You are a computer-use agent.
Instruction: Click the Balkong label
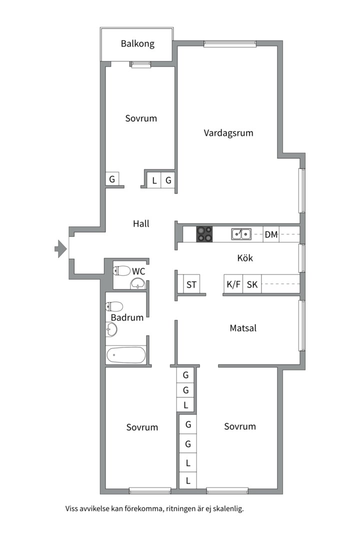tap(137, 43)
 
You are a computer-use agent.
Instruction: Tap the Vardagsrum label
tap(228, 133)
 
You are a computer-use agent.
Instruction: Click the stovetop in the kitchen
tap(204, 234)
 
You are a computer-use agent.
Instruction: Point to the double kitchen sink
tap(241, 233)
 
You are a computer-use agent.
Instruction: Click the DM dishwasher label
tap(271, 234)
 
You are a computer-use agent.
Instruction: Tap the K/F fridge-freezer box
tap(233, 285)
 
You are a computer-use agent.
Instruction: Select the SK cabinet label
tap(252, 285)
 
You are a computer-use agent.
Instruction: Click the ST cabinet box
tap(191, 285)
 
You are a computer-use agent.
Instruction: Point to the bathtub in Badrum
tap(126, 355)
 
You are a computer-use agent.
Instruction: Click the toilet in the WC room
tap(121, 271)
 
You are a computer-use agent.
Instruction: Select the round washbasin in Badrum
tap(111, 329)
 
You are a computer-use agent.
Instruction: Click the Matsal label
tap(243, 328)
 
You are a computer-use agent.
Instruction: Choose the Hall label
tap(141, 224)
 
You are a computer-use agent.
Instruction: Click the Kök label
tap(245, 258)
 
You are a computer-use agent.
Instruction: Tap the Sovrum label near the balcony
tap(141, 118)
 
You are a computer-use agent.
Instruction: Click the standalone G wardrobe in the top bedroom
tap(112, 179)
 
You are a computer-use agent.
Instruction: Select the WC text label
tap(138, 271)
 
